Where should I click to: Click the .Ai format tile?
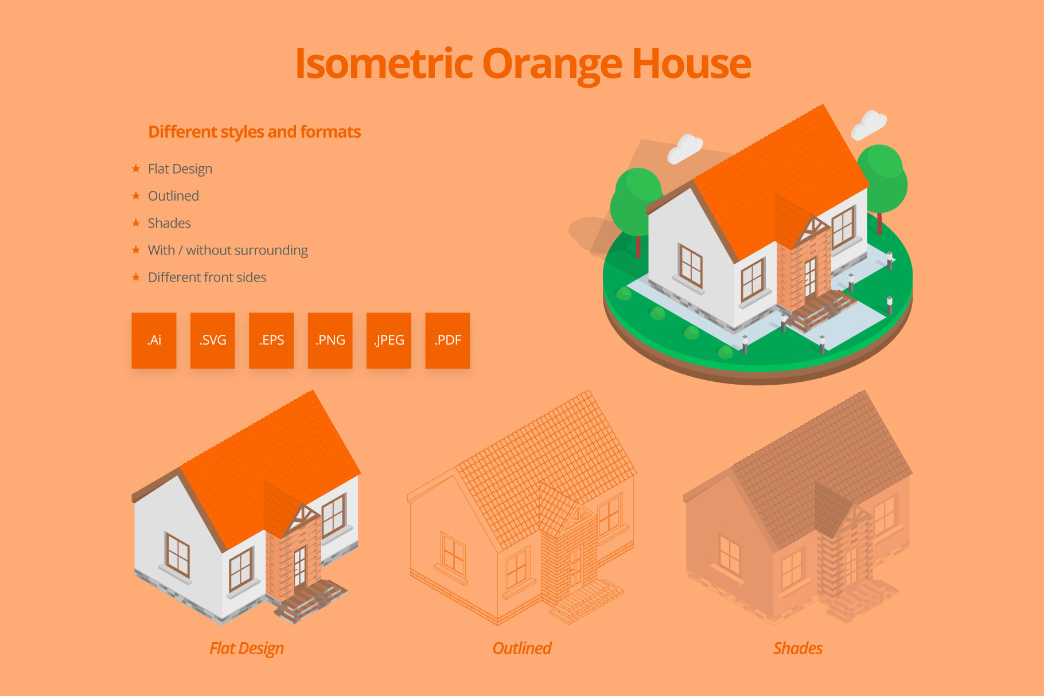[154, 340]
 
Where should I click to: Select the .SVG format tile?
[213, 340]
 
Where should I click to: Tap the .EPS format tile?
[271, 340]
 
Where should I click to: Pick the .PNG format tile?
[330, 340]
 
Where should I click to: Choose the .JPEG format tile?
[389, 340]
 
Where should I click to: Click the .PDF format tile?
[447, 340]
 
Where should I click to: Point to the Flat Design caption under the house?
[247, 648]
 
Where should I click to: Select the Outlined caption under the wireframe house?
[522, 648]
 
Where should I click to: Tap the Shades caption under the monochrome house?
[798, 648]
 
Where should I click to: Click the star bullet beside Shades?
[136, 222]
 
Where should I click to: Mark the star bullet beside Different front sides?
[136, 277]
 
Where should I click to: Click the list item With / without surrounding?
[228, 251]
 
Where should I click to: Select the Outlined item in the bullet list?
[173, 196]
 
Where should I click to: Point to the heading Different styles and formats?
[255, 132]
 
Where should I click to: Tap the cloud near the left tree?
[685, 148]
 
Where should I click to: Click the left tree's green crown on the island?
[636, 201]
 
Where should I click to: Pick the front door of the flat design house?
[299, 567]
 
